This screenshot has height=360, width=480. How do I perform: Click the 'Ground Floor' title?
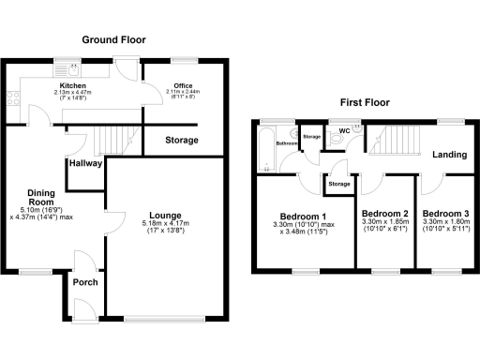118,39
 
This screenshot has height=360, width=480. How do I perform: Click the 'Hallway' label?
84,163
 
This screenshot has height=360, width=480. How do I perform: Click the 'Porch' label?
85,282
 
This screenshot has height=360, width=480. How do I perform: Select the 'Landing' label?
449,155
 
